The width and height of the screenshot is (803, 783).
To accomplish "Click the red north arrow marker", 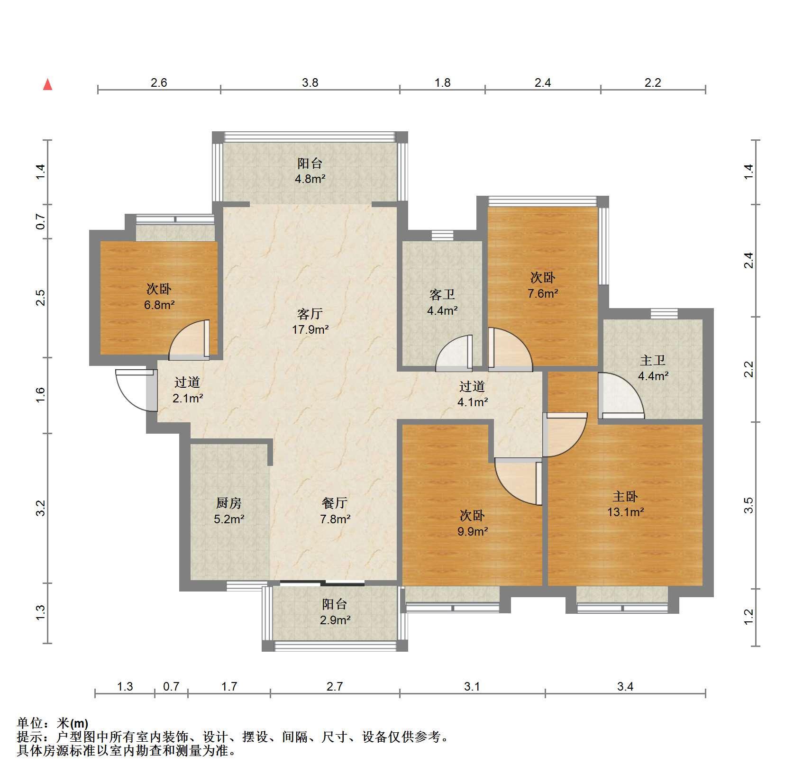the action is pos(47,84).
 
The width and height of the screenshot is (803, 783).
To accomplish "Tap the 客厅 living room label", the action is pos(310,314).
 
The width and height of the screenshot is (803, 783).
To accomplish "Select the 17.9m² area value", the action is pos(310,329).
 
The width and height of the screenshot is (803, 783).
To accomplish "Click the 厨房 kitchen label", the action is pos(229,503).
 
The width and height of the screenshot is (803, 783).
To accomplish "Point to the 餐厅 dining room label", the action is pos(335,503).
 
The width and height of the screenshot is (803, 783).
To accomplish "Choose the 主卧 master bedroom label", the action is pos(625,496).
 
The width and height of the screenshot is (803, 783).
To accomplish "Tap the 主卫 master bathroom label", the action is pos(653,360).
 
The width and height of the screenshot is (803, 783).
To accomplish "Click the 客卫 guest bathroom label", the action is pos(442,295).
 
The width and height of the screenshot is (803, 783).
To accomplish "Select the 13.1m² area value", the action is pos(626,512).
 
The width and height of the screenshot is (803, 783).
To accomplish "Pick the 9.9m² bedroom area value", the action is pos(473,531).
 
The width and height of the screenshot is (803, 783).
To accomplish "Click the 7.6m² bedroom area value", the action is pos(543,293).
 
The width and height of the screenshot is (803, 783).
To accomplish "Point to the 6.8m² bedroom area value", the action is pos(159,305).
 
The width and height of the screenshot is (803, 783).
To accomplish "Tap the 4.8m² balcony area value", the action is pos(310,179).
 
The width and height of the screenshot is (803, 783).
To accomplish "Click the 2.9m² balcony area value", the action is pos(335,620).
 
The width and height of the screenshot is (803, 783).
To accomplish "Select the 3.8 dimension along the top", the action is pos(310,83).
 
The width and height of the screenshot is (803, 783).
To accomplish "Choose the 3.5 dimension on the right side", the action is pos(748,505).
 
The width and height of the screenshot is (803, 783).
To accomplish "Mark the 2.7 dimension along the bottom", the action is pos(335,686).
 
